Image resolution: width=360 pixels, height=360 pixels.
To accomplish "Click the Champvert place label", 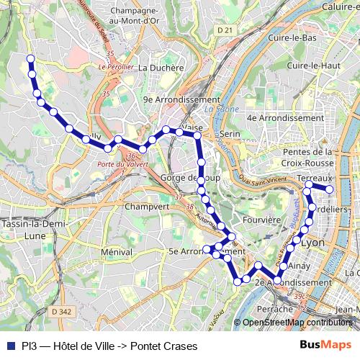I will tap(145, 205).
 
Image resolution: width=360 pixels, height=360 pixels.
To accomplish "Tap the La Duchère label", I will tap(161, 68).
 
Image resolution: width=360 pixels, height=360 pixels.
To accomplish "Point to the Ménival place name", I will tap(117, 252).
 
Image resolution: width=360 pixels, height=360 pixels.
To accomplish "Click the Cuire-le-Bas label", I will tap(292, 37).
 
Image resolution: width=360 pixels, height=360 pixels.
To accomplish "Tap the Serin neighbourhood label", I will tap(229, 134).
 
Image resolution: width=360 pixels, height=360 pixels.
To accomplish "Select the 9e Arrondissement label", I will tap(181, 99).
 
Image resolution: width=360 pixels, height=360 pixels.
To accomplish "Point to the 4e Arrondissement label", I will tap(285, 117).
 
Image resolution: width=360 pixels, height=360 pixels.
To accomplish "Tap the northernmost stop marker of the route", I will tap(30, 58).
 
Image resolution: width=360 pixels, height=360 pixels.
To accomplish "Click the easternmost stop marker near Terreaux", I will tap(330, 189).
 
